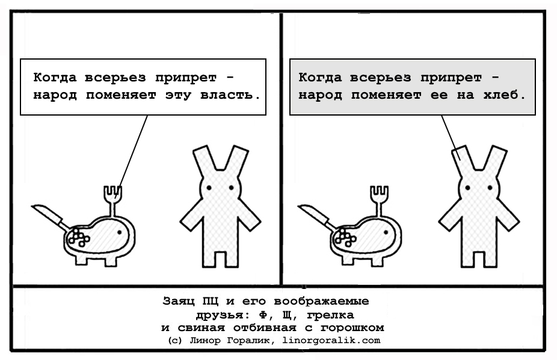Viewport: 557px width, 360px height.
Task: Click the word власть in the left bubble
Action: click(x=230, y=95)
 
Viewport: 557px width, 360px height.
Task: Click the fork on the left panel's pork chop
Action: click(x=112, y=200)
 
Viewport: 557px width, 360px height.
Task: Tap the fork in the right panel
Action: click(x=379, y=200)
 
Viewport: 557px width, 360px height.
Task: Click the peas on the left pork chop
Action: click(x=79, y=237)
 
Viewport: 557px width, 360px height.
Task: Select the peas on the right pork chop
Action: click(x=345, y=237)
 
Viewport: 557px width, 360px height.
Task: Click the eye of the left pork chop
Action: click(x=119, y=232)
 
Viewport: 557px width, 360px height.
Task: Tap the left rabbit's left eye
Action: click(x=209, y=188)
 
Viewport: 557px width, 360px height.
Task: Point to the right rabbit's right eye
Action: click(x=490, y=188)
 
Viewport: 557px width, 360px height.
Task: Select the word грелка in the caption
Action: click(x=330, y=315)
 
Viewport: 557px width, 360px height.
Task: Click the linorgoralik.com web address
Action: click(x=331, y=341)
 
